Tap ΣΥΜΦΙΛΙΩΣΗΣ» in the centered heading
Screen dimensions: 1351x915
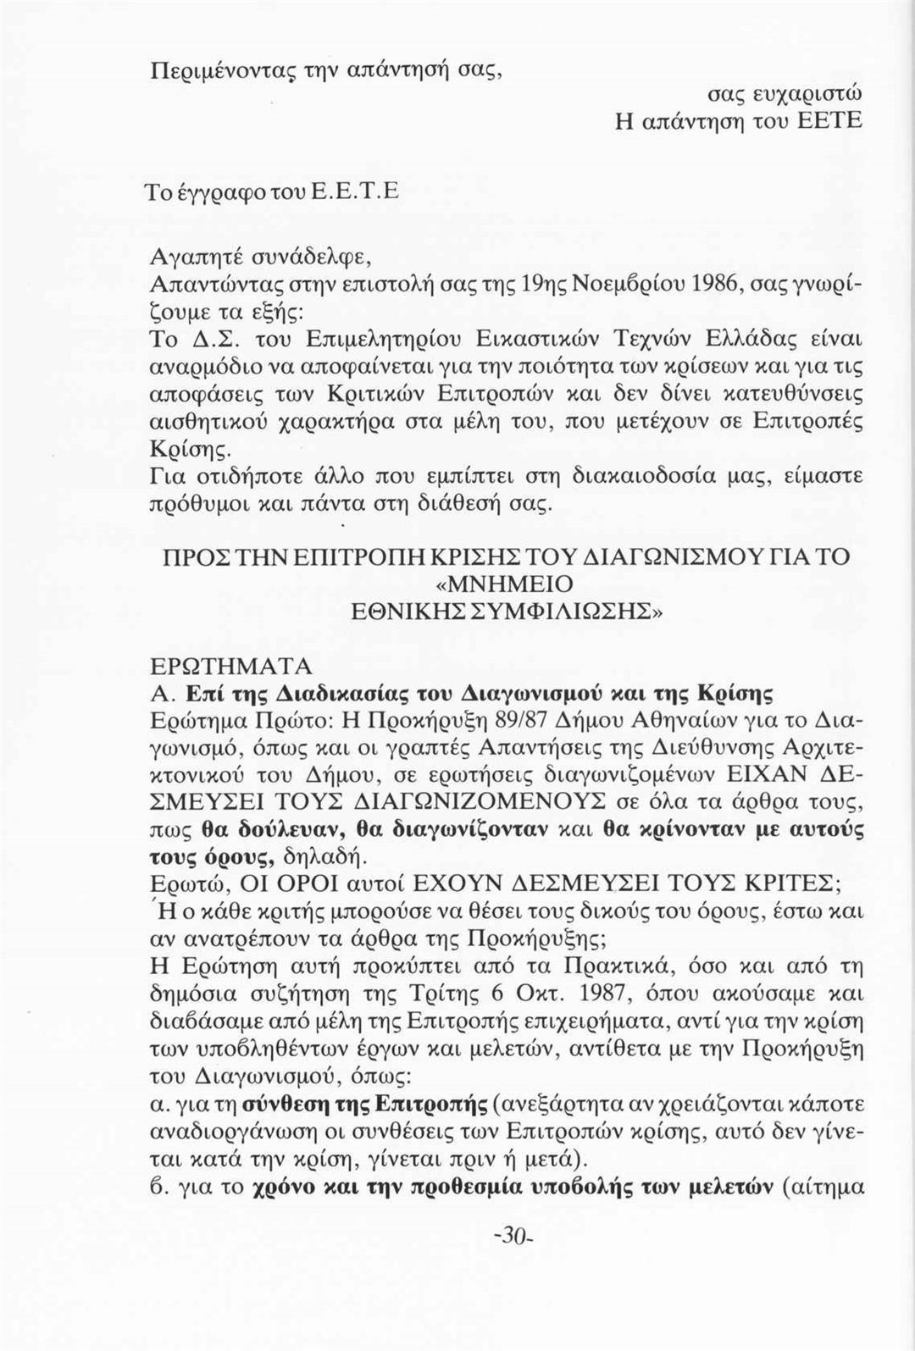[559, 612]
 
